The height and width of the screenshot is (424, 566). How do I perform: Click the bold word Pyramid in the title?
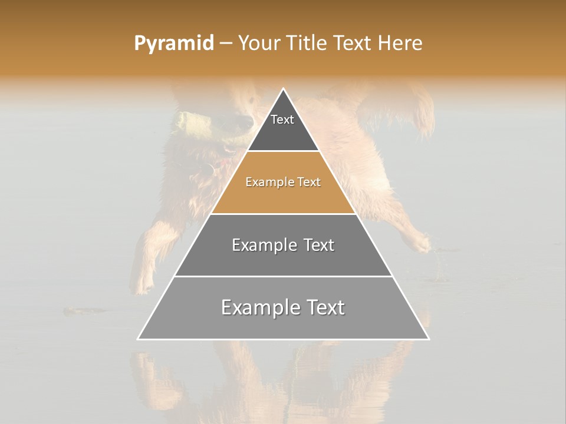click(174, 44)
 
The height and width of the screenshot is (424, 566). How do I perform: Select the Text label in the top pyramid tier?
click(282, 120)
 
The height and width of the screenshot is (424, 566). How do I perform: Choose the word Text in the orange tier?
click(309, 182)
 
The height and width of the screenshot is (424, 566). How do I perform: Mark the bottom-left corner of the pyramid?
click(138, 339)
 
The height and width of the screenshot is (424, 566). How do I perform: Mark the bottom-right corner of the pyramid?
click(429, 339)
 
